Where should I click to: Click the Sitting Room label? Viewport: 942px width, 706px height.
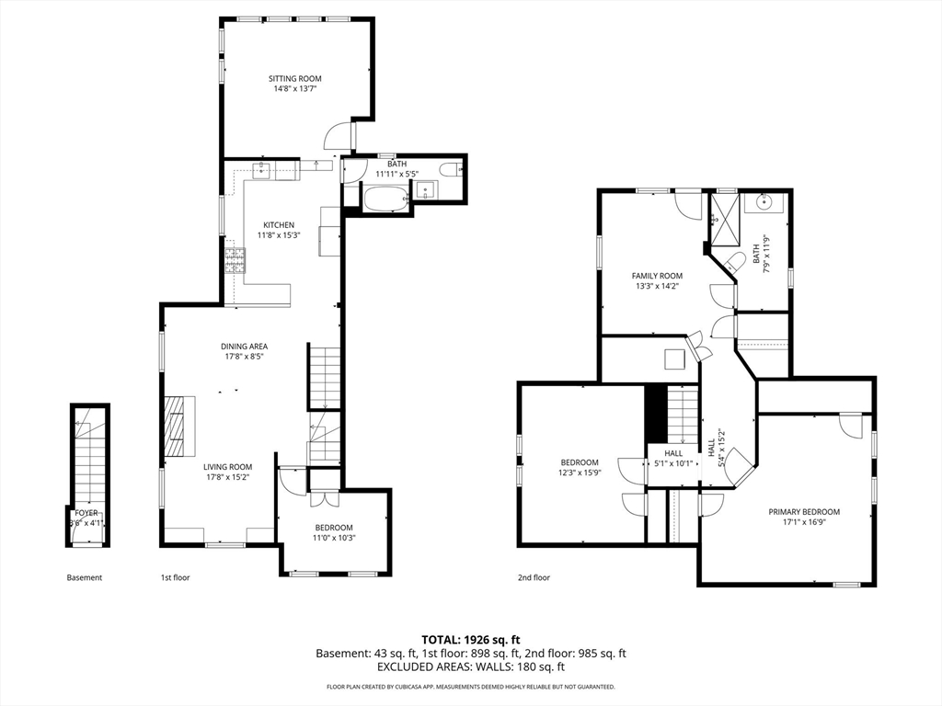pos(294,79)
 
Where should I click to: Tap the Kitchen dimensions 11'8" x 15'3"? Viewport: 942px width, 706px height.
pos(278,235)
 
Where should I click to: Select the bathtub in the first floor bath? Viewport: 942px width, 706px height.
pos(385,199)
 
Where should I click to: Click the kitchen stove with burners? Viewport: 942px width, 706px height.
pos(235,260)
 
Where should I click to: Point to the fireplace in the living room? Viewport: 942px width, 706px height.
pos(180,427)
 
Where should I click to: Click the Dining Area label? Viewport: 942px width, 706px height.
pos(244,347)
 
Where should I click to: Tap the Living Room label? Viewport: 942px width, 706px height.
pos(228,467)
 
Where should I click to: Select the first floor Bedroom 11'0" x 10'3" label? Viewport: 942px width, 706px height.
pos(332,532)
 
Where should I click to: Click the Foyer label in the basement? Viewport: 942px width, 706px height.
pos(86,513)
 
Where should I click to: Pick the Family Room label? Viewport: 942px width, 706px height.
pos(657,276)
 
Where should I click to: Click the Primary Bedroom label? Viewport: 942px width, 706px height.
pos(804,512)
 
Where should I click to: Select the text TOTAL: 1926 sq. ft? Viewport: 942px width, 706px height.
pos(470,640)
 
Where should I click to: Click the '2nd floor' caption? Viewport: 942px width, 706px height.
pos(534,577)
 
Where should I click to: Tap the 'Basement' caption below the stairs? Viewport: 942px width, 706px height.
pos(84,577)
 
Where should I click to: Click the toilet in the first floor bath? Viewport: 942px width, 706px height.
pos(451,170)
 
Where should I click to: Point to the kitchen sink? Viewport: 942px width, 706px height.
pos(262,170)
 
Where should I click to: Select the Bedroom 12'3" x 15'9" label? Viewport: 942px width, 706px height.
pos(580,467)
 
